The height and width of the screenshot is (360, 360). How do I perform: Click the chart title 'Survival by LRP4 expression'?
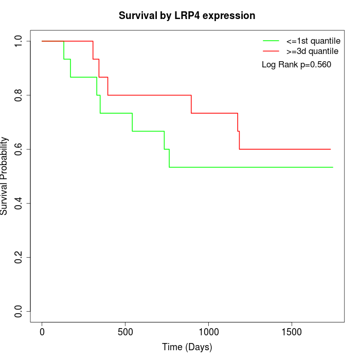tap(187, 15)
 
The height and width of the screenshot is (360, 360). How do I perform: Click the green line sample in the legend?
tap(272, 41)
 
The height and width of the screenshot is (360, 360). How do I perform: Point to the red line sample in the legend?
tap(272, 51)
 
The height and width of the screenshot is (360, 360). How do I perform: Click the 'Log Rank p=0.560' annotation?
tap(296, 65)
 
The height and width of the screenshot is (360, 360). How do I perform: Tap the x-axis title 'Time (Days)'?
tap(187, 347)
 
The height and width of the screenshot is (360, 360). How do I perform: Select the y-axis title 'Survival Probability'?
tap(5, 176)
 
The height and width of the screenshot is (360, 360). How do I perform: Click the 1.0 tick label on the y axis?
tap(19, 41)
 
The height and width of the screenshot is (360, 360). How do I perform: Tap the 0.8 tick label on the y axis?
tap(19, 95)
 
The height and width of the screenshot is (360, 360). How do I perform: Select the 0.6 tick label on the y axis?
tap(19, 149)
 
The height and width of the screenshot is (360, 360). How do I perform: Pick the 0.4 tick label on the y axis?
tap(19, 203)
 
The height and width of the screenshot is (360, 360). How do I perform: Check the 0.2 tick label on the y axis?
tap(19, 257)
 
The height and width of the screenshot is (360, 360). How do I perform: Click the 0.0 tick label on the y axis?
tap(19, 311)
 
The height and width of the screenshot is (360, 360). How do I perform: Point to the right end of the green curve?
tap(333, 167)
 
